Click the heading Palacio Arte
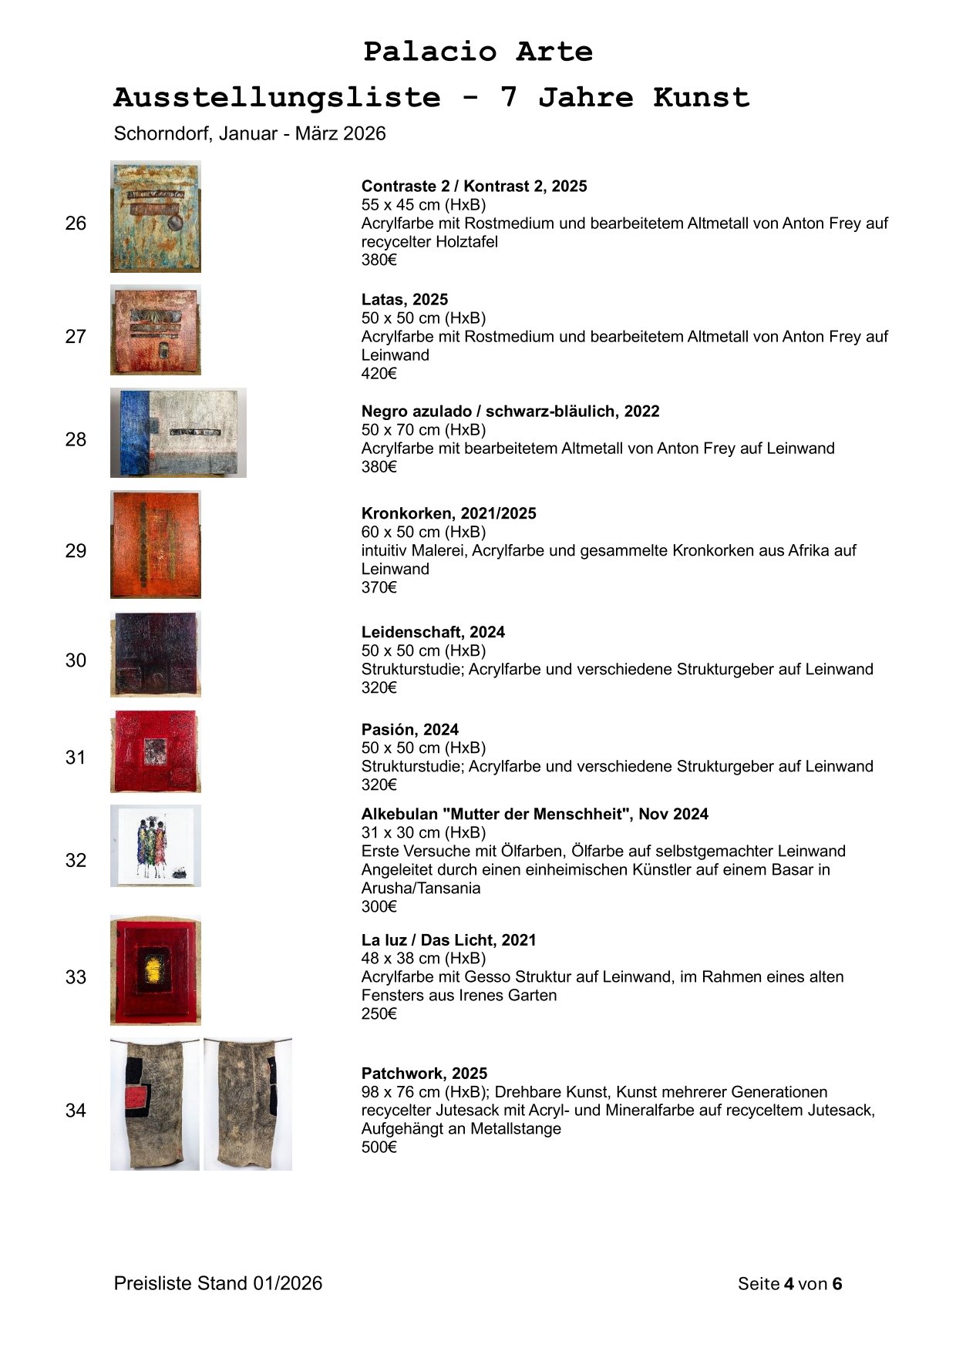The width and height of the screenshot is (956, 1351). pyautogui.click(x=478, y=52)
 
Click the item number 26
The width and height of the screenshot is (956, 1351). pyautogui.click(x=76, y=223)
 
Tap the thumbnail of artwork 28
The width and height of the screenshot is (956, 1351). pyautogui.click(x=178, y=432)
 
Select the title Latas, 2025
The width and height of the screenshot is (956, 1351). pyautogui.click(x=405, y=300)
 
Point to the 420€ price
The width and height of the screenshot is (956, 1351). pyautogui.click(x=379, y=374)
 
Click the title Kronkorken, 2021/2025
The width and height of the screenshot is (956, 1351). pyautogui.click(x=449, y=514)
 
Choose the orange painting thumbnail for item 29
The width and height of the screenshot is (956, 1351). pyautogui.click(x=156, y=544)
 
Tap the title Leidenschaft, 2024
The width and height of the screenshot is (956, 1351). pyautogui.click(x=433, y=633)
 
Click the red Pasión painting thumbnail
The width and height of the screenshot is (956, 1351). pyautogui.click(x=156, y=751)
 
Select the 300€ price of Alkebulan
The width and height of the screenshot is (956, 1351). pyautogui.click(x=379, y=907)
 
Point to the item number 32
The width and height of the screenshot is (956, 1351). pyautogui.click(x=76, y=861)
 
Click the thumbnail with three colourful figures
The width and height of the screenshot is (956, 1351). pyautogui.click(x=156, y=846)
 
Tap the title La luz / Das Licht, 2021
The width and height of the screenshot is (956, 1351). pyautogui.click(x=449, y=940)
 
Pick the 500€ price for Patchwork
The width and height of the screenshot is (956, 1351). pyautogui.click(x=379, y=1148)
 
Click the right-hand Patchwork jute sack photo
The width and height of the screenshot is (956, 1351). pyautogui.click(x=247, y=1104)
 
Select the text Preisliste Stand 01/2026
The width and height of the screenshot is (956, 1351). pyautogui.click(x=218, y=1284)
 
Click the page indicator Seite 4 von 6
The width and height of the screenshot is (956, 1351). pyautogui.click(x=789, y=1284)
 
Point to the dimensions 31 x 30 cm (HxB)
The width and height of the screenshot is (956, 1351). pyautogui.click(x=423, y=833)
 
